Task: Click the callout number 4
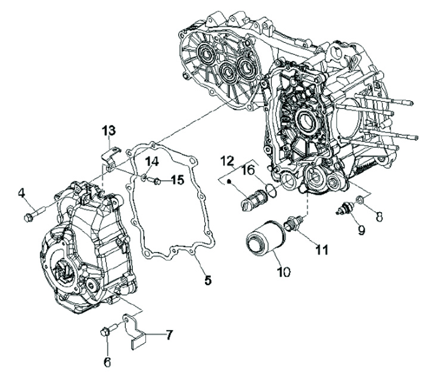point(21,192)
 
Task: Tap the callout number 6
point(107,362)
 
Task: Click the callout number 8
point(379,217)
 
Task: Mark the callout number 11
point(322,251)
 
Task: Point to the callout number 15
point(178,180)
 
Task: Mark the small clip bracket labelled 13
point(108,155)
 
